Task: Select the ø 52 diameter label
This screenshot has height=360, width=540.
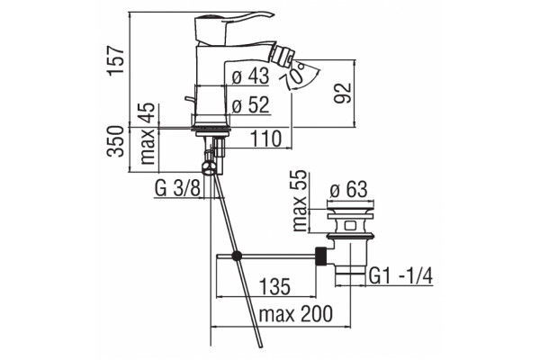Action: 250,104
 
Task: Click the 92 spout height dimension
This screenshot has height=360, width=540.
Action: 343,93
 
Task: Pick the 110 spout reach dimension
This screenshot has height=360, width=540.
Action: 265,139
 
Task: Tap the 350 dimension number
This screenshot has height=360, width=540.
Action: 115,141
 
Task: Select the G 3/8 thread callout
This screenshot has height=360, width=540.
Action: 177,188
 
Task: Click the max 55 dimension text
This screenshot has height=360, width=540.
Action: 300,201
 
